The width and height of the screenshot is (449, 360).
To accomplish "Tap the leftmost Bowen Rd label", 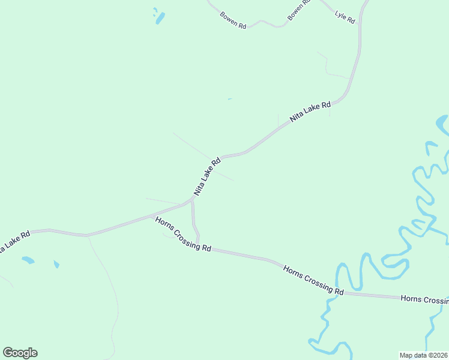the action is pos(234,21).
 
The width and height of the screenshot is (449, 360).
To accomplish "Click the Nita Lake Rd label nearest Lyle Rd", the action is pos(310,112).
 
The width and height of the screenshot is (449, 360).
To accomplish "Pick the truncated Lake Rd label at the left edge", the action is pos(13,241).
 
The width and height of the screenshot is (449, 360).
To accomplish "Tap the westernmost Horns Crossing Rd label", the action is pos(183,234).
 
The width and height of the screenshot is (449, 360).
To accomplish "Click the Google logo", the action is pos(20,353).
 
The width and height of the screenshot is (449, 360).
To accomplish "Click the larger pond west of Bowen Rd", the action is pos(160,19).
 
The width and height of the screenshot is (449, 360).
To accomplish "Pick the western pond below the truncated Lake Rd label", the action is pos(28,260).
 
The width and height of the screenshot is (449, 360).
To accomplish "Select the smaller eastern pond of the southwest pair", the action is pos(56,264).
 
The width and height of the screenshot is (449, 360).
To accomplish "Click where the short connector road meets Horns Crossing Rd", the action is pos(197,245).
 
